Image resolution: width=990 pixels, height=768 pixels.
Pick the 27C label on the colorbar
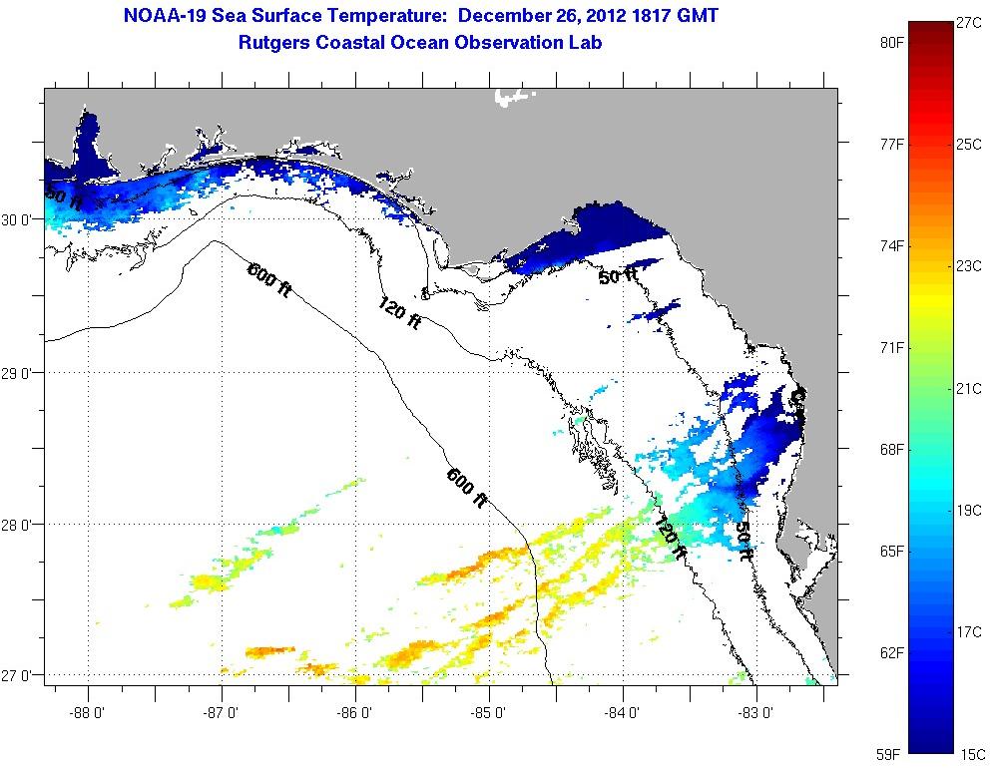click(969, 22)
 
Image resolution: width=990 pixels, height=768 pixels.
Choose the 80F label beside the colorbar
click(891, 43)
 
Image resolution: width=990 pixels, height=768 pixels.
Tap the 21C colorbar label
click(969, 388)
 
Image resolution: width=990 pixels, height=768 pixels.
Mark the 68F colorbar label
click(891, 449)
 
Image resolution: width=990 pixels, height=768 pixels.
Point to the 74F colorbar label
click(891, 245)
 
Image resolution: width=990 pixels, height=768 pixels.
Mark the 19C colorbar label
click(969, 510)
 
